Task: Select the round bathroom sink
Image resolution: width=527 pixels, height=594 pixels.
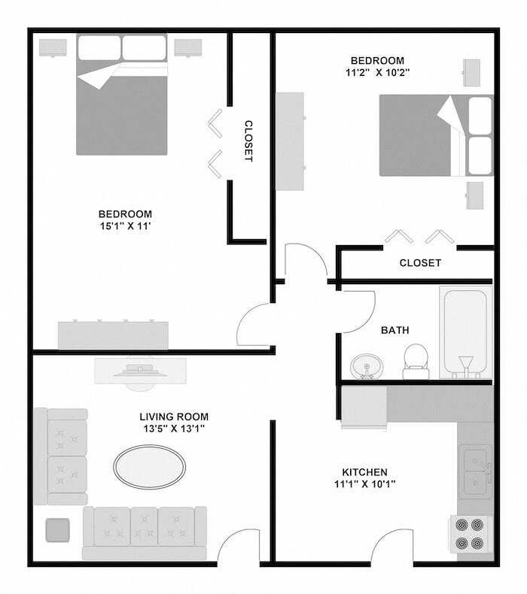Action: (367, 367)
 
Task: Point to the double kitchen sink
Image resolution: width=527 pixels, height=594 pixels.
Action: (476, 471)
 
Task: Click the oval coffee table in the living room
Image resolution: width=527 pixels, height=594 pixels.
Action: (149, 466)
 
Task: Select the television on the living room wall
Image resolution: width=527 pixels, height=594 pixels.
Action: (140, 370)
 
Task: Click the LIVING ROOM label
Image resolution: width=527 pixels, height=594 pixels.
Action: (174, 417)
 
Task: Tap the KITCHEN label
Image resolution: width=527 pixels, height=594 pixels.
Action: (365, 471)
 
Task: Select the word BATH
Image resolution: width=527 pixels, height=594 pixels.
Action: (395, 330)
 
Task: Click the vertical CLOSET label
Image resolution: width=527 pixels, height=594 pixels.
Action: (248, 141)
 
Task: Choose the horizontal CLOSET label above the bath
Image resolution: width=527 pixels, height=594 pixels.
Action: (419, 262)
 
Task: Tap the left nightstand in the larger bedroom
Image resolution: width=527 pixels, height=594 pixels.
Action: (53, 47)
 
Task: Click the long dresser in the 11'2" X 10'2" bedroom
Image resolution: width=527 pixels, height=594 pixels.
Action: (290, 141)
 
